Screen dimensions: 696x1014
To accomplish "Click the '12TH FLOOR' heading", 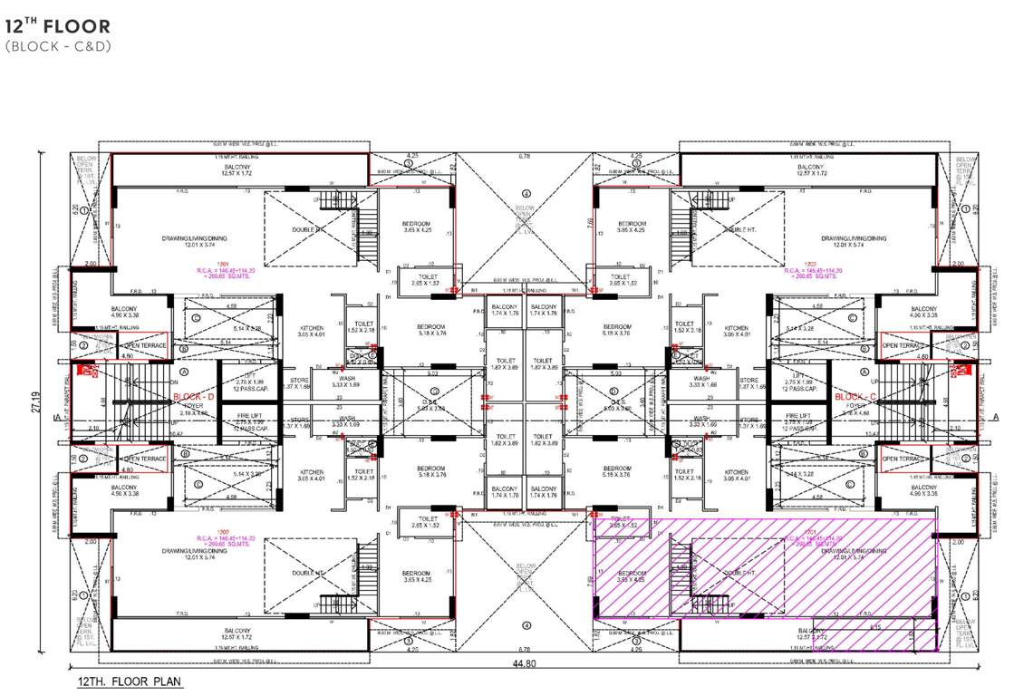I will click(58, 27).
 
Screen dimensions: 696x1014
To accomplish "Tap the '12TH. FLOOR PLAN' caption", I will click(130, 680).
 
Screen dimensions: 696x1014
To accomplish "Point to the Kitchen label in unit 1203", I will click(736, 331).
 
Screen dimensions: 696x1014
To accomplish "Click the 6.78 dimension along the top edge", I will click(525, 157).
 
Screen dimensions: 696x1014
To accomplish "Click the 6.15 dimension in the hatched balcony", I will click(875, 626).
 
